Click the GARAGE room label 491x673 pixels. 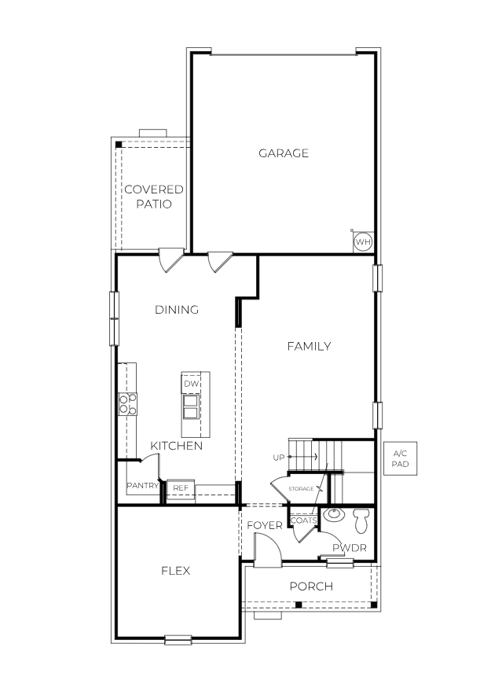point(284,153)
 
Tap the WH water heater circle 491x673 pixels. point(362,241)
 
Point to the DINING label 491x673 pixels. point(177,310)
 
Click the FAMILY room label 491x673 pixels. point(309,346)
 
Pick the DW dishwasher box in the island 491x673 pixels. point(191,383)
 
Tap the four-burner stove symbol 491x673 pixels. point(127,404)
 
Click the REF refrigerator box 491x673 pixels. point(181,488)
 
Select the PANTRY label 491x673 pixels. point(143,486)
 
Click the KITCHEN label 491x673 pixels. point(177,446)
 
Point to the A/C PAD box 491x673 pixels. point(400,459)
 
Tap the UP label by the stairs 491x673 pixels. point(278,457)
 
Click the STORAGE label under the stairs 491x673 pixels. point(301,489)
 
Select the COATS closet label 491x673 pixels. point(303,520)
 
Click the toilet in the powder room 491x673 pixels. point(361,520)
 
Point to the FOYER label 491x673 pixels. point(265,525)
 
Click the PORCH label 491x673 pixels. point(311,587)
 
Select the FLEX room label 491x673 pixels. point(176,571)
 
